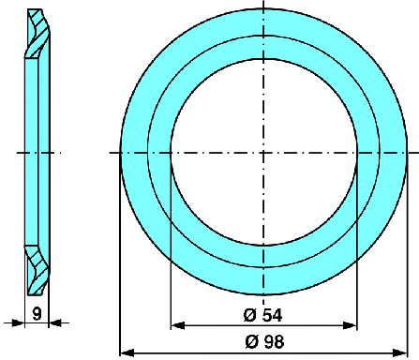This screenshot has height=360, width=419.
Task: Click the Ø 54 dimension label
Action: [262, 315]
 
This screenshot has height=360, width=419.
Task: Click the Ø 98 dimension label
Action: [264, 342]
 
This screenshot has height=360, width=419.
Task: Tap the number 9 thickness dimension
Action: [37, 313]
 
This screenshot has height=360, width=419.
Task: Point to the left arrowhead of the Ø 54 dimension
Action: [178, 325]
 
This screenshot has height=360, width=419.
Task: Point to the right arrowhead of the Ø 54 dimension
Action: [350, 325]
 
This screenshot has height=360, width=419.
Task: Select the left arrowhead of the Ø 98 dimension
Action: [127, 353]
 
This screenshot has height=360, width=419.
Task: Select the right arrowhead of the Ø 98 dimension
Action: [400, 353]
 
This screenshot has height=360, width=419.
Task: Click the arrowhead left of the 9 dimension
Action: [18, 322]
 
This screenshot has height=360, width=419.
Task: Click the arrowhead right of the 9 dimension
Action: [55, 322]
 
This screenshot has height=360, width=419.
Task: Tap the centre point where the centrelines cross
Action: [263, 153]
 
